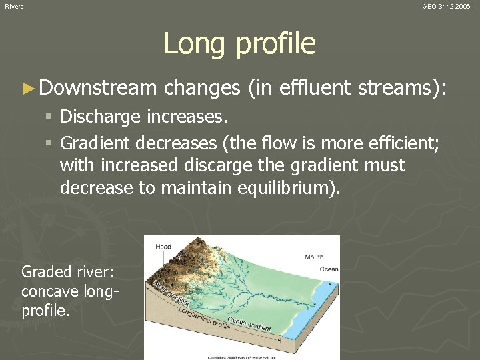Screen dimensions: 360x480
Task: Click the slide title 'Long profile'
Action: [239, 44]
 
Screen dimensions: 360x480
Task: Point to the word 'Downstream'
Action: [97, 87]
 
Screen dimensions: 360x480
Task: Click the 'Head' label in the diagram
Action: [163, 247]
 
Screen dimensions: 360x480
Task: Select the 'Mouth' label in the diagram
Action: [314, 257]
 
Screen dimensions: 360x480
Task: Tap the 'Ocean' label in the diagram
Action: [329, 269]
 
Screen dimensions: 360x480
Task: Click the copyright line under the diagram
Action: [241, 357]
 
